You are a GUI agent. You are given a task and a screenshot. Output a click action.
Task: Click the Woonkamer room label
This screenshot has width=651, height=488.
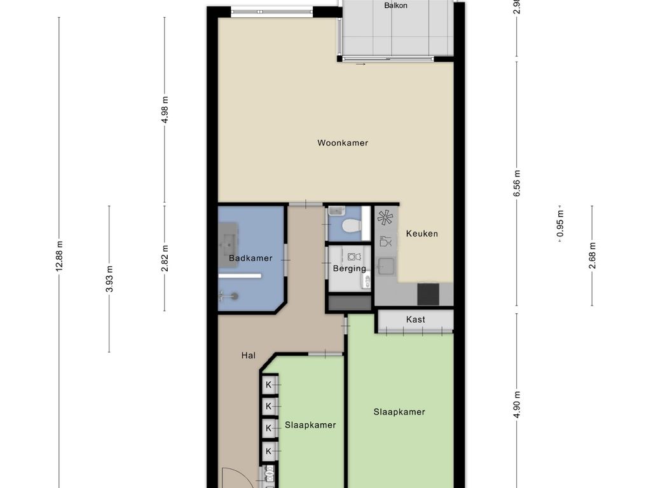343,143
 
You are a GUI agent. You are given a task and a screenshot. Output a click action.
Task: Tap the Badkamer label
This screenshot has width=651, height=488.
250,258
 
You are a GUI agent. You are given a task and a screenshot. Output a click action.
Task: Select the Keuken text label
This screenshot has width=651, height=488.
422,234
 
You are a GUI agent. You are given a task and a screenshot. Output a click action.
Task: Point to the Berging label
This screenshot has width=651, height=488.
350,269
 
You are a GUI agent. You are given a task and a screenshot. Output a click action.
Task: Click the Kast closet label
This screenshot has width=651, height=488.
416,320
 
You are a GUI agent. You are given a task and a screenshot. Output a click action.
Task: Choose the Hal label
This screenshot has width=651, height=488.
249,355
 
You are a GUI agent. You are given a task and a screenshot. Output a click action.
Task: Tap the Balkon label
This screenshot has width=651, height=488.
395,5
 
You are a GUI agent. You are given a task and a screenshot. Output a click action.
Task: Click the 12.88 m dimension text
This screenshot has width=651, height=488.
59,256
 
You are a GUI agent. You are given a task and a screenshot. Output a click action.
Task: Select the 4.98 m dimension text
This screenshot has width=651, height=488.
165,109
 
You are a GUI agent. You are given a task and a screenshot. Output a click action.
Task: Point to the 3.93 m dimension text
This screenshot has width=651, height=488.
109,279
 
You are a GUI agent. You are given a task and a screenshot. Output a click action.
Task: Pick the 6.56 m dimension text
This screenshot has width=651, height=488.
517,184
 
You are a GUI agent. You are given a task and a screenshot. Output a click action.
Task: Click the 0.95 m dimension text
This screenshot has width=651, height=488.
561,224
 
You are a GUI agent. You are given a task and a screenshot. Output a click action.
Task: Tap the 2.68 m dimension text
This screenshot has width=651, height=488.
593,255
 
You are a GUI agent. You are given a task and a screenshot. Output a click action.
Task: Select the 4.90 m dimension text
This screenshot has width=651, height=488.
517,405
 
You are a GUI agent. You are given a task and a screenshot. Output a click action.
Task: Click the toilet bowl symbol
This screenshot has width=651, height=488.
351,226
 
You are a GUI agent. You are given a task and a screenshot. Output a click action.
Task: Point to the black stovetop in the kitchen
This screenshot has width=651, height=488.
428,294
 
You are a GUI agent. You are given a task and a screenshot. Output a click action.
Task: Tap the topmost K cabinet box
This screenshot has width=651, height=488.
269,384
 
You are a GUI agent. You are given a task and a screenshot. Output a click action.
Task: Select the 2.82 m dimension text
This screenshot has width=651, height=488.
165,258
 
